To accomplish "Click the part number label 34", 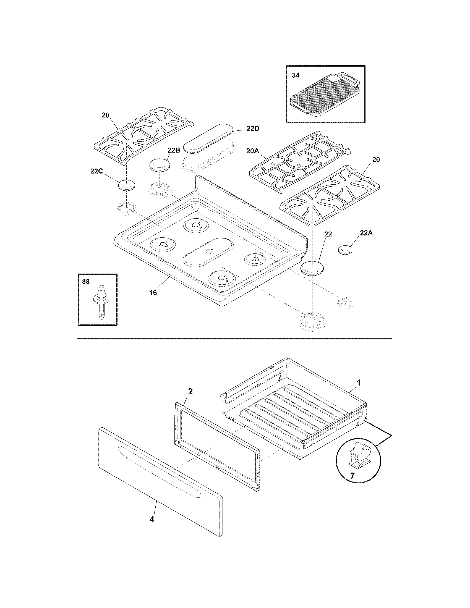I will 296,75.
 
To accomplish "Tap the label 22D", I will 253,129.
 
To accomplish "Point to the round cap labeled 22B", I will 160,166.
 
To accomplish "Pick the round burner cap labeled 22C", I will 127,185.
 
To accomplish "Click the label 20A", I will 253,151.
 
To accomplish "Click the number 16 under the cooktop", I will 153,293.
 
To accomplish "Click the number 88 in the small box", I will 86,282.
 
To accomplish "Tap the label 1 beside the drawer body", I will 359,383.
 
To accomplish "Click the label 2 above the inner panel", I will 190,391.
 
